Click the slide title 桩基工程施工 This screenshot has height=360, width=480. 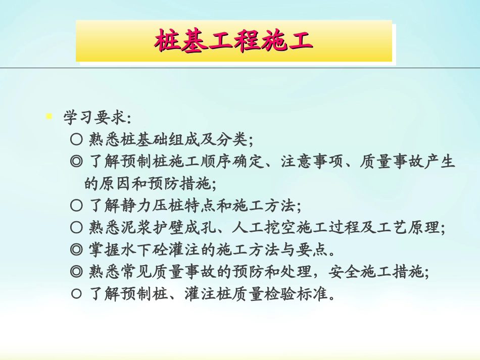(233, 41)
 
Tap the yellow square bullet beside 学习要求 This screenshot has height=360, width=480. (49, 116)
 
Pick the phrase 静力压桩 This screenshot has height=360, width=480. (154, 205)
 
